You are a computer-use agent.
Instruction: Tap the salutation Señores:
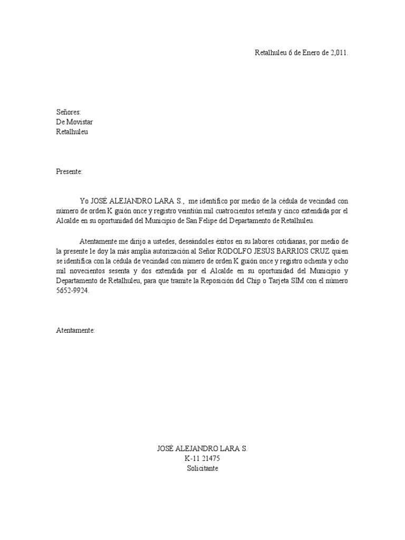click(69, 112)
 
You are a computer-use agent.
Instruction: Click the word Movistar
click(79, 122)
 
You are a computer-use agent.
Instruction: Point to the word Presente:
click(69, 171)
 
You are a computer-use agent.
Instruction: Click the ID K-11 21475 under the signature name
click(202, 458)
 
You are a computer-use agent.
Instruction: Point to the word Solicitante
click(202, 468)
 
